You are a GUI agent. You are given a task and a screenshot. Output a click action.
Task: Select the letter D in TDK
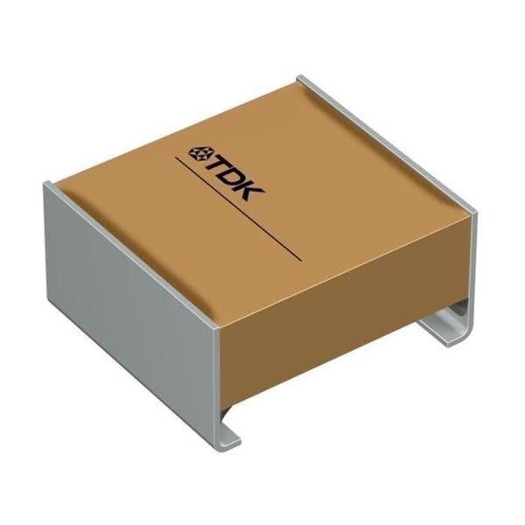tap(237, 173)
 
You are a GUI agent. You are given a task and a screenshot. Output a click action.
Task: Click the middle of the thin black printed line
tap(238, 211)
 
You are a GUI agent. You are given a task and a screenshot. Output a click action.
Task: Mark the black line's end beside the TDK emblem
tap(177, 160)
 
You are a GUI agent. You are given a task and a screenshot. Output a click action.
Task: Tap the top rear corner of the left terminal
tap(51, 185)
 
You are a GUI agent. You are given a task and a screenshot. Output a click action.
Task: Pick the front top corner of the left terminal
tap(213, 329)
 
